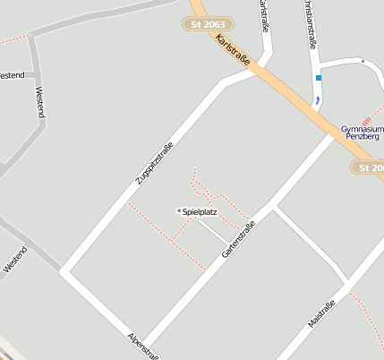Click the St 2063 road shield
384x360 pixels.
tap(209, 25)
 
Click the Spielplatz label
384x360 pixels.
tap(200, 212)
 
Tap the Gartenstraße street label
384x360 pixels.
tap(239, 242)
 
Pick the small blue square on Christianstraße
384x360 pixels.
tap(318, 78)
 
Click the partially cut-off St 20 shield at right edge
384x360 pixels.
tap(369, 167)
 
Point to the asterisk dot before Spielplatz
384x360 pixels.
tap(179, 211)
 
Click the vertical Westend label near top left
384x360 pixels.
tap(39, 102)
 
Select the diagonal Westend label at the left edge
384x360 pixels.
tap(15, 259)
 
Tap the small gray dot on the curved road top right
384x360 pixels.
tap(363, 61)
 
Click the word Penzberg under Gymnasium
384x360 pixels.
tap(362, 138)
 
